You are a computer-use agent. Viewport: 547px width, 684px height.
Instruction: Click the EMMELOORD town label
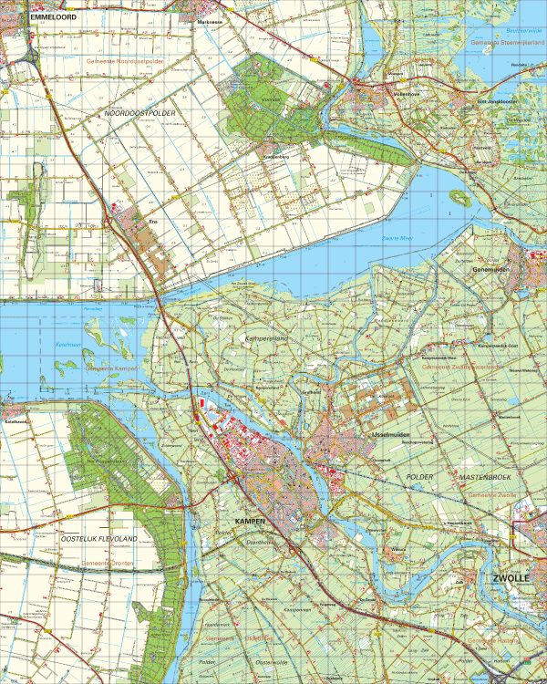coord(53,16)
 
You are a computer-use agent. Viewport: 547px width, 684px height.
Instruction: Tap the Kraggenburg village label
coord(276,154)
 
